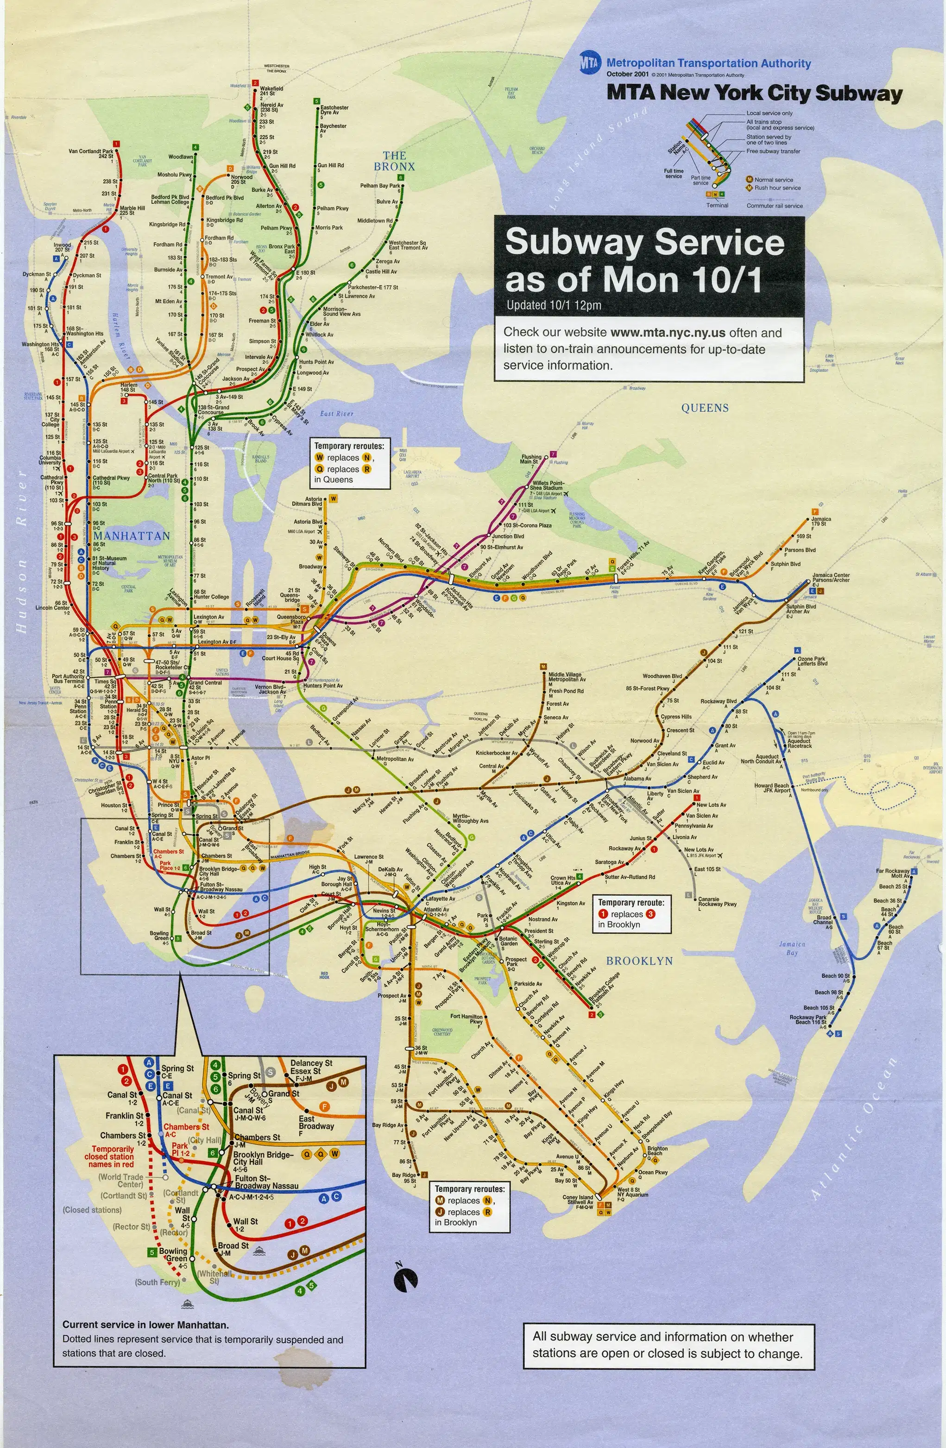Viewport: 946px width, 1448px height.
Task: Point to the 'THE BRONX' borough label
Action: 394,161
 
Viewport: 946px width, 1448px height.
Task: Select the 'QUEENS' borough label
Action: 705,408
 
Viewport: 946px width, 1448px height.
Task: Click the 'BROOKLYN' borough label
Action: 639,961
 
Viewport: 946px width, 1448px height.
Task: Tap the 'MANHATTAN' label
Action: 132,535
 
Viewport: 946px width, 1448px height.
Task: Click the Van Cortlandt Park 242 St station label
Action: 91,153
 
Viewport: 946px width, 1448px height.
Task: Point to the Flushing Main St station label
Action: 531,459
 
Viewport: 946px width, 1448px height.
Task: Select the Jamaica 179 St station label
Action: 820,521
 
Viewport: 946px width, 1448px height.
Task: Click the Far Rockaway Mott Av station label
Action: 892,873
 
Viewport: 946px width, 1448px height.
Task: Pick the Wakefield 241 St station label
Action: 271,91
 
